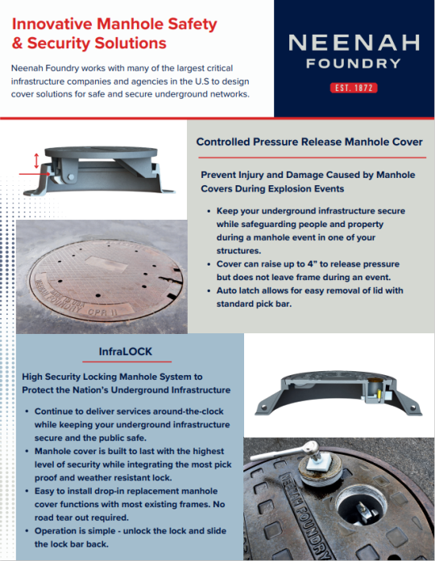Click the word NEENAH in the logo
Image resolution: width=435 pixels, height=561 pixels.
coord(354,43)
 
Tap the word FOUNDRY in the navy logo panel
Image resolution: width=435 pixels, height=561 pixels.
coord(354,63)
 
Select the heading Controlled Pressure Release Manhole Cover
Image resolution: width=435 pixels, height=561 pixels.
coord(309,142)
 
